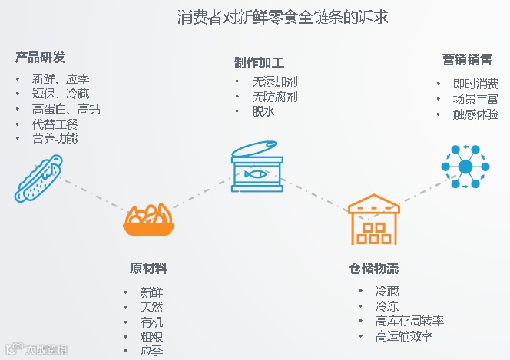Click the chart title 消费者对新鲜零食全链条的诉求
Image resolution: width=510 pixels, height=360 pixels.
(283, 16)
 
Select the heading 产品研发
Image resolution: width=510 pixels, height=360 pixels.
(40, 58)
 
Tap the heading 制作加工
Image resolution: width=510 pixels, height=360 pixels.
(259, 63)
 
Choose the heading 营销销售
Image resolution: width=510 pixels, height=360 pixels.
(466, 61)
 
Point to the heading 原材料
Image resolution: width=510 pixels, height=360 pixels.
(148, 269)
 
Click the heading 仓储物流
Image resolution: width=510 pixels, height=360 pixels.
(373, 269)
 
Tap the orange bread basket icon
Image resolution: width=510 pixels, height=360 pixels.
(149, 220)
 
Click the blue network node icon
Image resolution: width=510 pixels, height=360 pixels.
(465, 167)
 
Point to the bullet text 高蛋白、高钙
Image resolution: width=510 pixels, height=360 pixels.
(66, 109)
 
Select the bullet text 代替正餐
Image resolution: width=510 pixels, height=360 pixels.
(55, 124)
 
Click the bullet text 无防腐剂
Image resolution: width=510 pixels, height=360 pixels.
(275, 97)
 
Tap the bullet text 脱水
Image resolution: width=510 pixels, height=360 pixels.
(263, 111)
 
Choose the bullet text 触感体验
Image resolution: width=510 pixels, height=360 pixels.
(475, 114)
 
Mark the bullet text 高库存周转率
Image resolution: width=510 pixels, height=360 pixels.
(409, 322)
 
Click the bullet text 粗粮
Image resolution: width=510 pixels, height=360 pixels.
(151, 336)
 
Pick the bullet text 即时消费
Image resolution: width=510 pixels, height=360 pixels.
(475, 84)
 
